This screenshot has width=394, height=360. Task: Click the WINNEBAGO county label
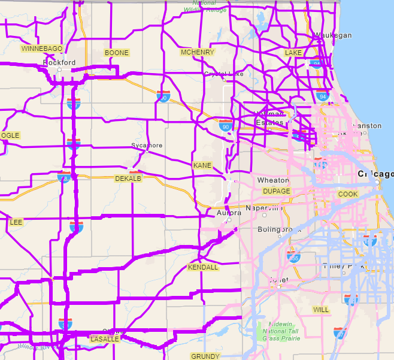point(42,48)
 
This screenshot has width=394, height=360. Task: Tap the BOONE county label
point(116,53)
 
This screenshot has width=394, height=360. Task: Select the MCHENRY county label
point(197,52)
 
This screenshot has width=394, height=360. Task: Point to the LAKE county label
point(293,53)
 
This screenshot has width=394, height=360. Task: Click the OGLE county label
point(10,135)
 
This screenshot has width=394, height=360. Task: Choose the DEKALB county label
point(128,179)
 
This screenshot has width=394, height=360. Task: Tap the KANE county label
point(202,165)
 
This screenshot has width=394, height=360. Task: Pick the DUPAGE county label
point(276,191)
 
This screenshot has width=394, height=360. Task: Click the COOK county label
point(348,194)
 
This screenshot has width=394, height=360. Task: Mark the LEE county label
point(16,222)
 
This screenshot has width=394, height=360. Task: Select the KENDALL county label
point(203,267)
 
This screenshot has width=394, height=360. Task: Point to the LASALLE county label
point(104,338)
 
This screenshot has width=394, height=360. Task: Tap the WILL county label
point(321,310)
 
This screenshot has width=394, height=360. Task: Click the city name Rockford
point(59,62)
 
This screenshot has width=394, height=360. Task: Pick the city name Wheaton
point(273,180)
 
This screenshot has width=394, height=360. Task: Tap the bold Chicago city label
point(375,174)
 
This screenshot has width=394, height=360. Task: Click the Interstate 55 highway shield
point(293,258)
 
